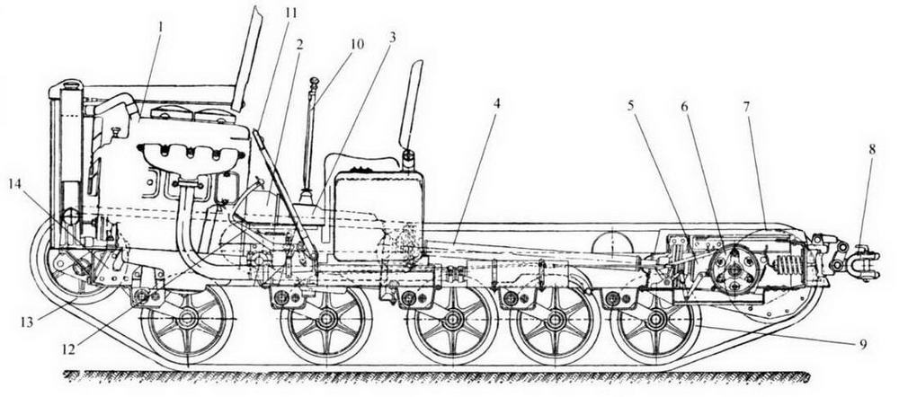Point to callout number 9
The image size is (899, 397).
[x=862, y=343]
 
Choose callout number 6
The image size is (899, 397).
[x=687, y=106]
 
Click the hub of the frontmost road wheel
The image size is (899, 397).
[x=187, y=320]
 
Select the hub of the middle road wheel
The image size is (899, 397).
[x=452, y=320]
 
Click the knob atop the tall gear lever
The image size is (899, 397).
[x=314, y=83]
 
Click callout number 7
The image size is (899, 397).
[x=745, y=106]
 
